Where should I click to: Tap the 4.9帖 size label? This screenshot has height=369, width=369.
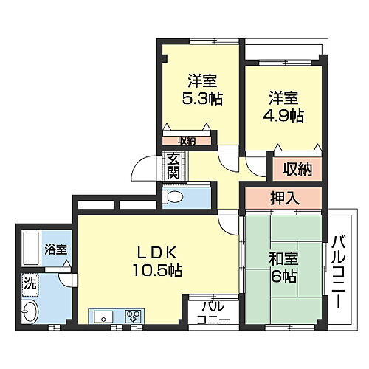tap(284, 116)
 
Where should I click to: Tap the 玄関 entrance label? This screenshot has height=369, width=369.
tap(173, 166)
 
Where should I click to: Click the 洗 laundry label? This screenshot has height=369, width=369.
tap(30, 282)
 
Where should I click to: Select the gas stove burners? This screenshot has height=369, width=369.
tap(134, 316)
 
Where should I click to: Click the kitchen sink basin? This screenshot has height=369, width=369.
tap(103, 316)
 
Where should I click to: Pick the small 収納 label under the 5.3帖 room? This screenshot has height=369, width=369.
tap(187, 140)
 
